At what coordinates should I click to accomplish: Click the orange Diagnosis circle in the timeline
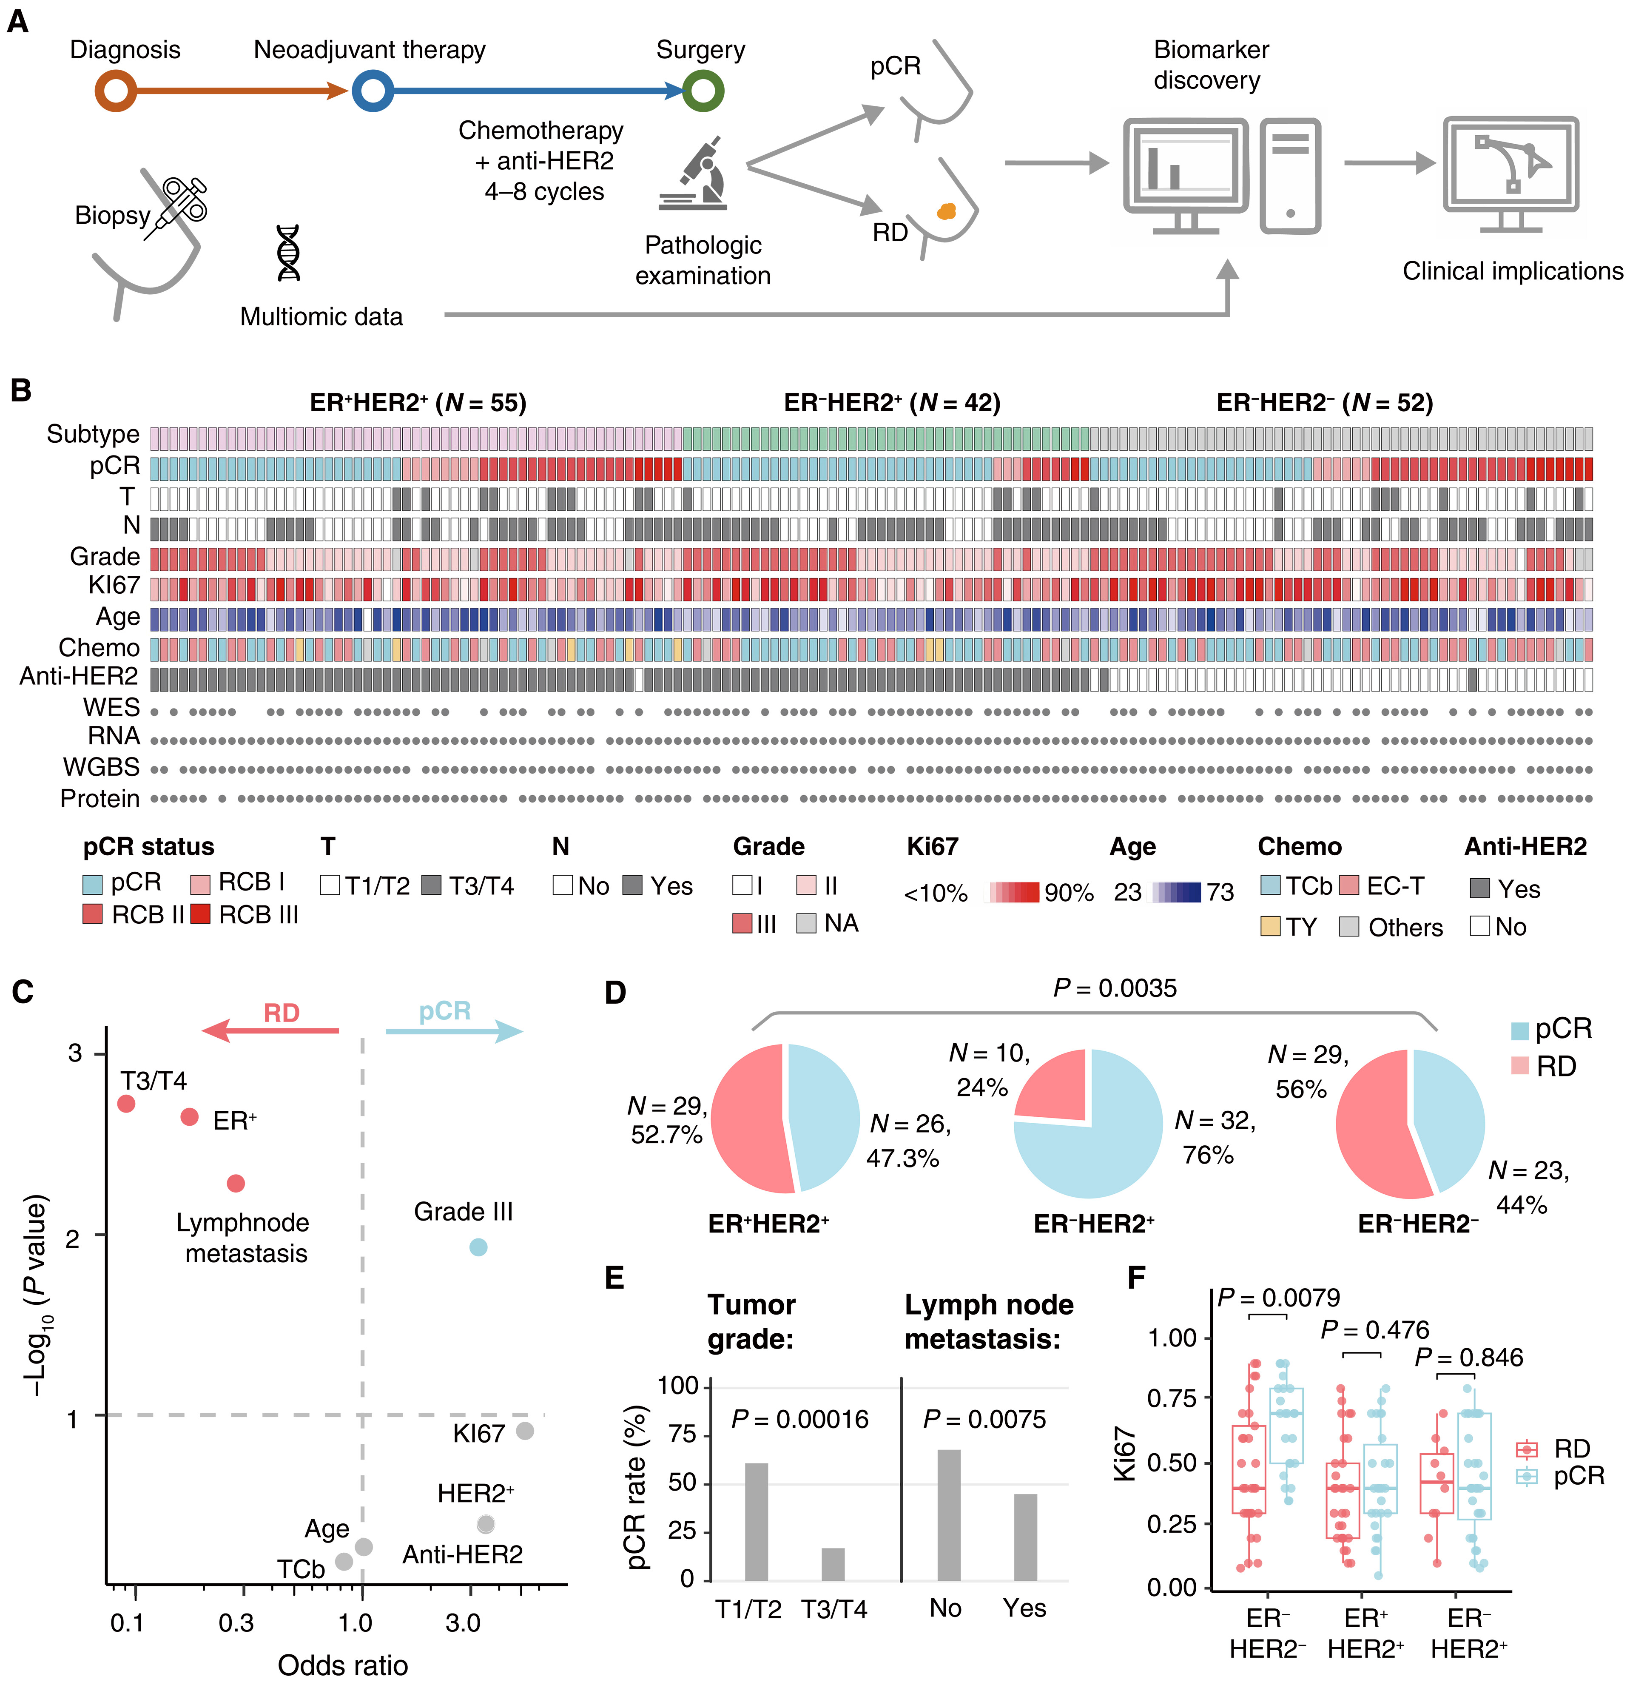[116, 90]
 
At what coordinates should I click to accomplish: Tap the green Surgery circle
[703, 90]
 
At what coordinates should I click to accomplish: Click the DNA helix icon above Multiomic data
[289, 253]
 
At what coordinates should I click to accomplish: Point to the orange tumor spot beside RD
[946, 211]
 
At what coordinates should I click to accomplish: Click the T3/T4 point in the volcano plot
[126, 1103]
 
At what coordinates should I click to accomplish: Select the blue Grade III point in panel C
[479, 1247]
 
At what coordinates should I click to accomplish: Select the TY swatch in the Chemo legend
[1270, 926]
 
